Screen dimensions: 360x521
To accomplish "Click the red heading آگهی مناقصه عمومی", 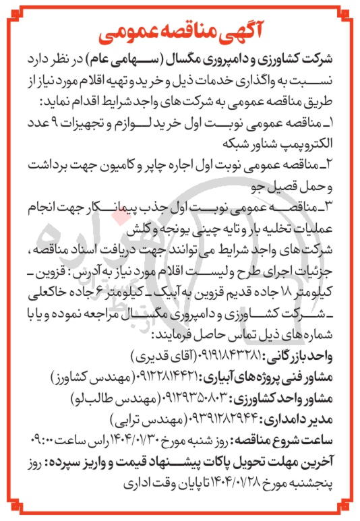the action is [179, 31].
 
